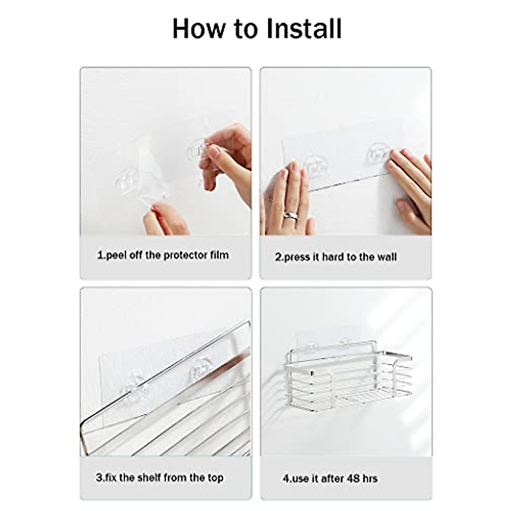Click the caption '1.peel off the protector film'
pos(163,255)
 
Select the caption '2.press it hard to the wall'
pos(336,257)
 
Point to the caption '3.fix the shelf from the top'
pos(159,465)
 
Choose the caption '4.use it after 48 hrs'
pos(330,466)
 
